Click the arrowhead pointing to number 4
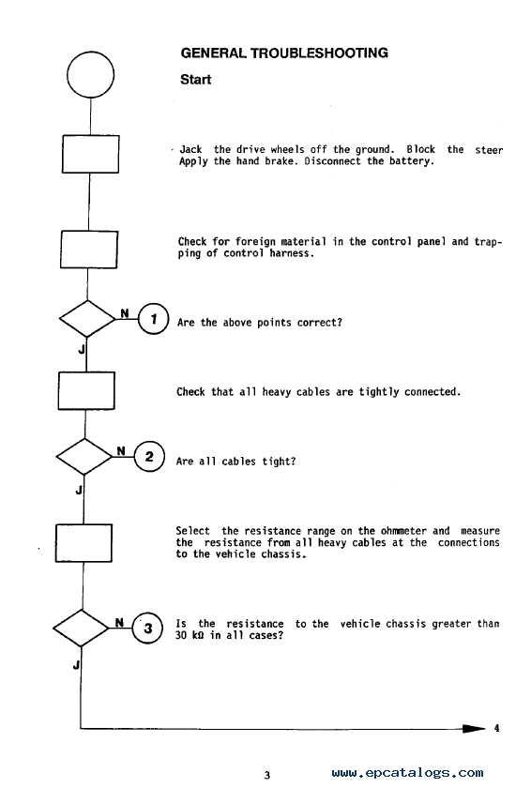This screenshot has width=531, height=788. click(474, 728)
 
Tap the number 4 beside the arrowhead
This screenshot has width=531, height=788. click(497, 728)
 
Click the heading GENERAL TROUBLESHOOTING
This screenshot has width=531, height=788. click(284, 53)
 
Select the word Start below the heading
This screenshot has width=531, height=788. click(195, 80)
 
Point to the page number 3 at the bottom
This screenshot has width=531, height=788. click(267, 775)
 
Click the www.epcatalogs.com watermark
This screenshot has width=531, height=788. click(407, 773)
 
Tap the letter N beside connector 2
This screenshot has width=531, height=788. click(121, 451)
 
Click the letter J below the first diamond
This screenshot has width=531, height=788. click(82, 349)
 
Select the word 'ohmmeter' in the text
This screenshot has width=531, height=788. click(403, 531)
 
